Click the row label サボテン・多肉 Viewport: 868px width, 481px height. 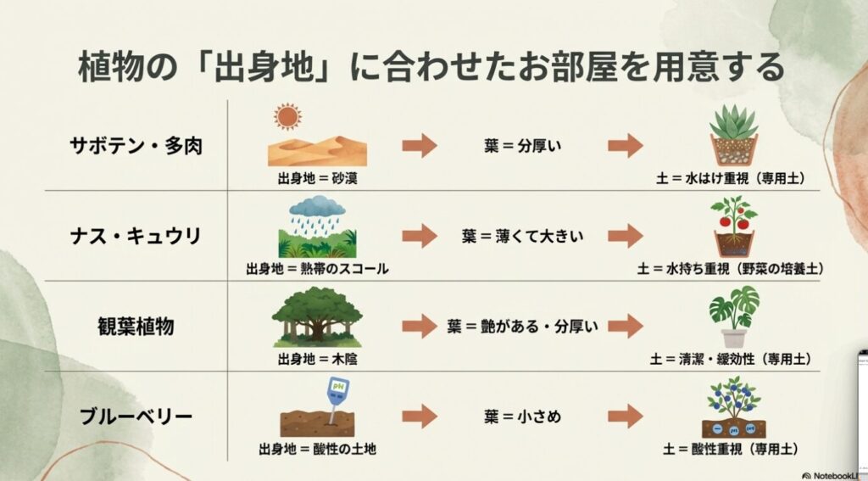[x=136, y=145]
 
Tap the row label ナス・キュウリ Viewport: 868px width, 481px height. [x=136, y=235]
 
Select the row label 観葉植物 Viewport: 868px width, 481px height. [x=136, y=326]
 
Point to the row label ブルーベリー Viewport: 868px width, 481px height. [x=136, y=417]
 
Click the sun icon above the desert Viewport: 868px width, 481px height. [x=287, y=117]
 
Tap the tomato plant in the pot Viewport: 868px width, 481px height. [x=734, y=226]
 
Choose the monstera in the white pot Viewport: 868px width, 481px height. [x=734, y=316]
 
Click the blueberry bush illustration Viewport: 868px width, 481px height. [x=733, y=405]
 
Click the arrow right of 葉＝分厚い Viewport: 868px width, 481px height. [x=625, y=145]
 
